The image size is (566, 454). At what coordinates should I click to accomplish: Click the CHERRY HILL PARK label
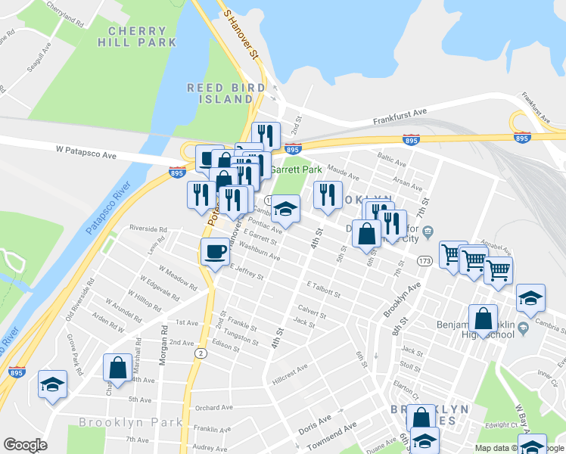tap(137, 37)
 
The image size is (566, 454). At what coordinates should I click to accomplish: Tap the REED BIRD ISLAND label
tap(226, 94)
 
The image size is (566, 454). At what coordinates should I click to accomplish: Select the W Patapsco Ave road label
tap(86, 154)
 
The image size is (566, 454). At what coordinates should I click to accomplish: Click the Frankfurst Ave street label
tap(400, 117)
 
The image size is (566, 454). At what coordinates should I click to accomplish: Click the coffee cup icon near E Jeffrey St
tap(215, 251)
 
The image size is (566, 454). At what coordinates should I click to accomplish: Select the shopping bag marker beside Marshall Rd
tap(118, 368)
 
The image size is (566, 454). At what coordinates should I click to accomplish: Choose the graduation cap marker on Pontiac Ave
tap(285, 208)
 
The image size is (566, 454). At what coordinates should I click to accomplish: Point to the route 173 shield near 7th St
tap(424, 260)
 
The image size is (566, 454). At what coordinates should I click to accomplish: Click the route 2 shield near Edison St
tap(200, 353)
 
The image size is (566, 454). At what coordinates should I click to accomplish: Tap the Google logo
tap(25, 444)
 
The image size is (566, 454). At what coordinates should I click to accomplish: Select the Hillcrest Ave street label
tap(291, 368)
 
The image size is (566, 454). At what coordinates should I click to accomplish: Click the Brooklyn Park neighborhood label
tap(129, 421)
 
